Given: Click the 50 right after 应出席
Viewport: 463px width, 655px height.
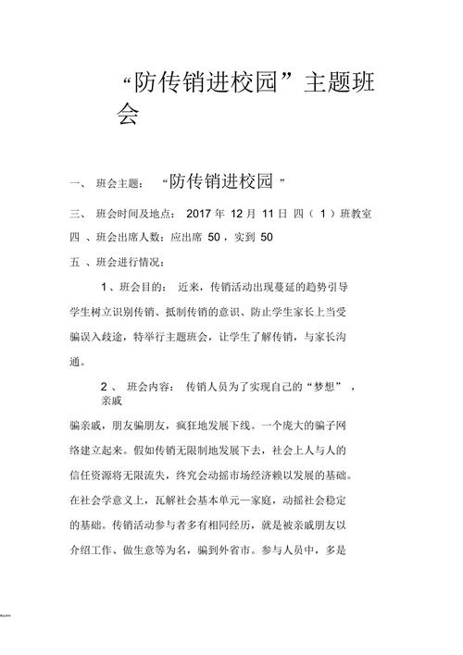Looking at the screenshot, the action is click(x=214, y=237).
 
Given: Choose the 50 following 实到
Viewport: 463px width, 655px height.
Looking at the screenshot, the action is click(x=267, y=237).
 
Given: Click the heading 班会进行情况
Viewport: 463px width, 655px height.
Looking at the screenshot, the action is click(x=130, y=262).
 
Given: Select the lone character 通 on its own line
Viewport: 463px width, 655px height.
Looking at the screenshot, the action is click(x=77, y=360).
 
